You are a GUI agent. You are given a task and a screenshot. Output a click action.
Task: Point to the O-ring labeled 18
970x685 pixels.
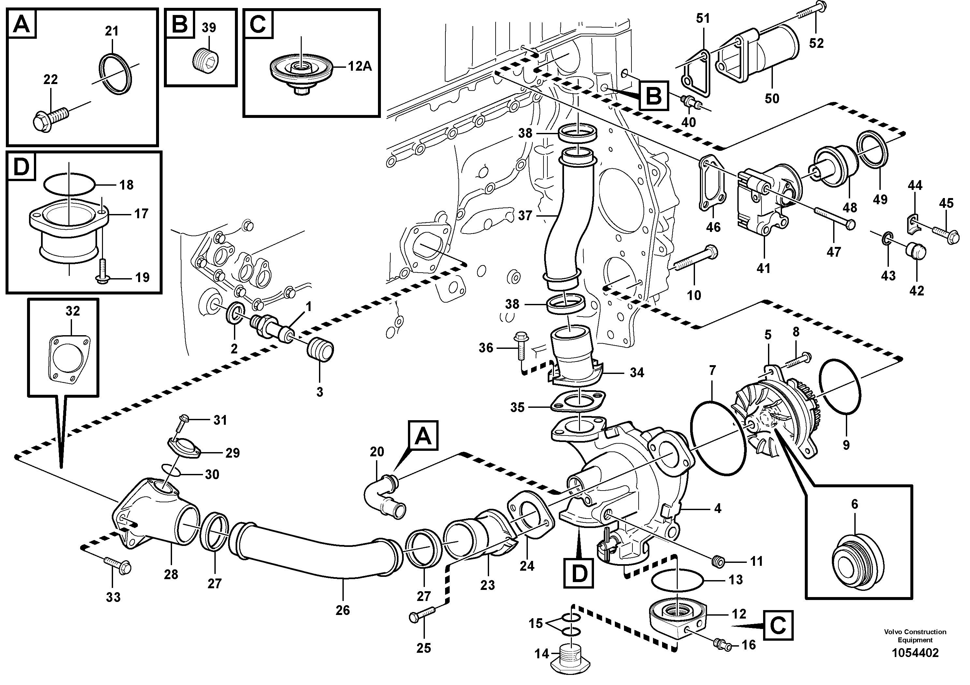point(70,185)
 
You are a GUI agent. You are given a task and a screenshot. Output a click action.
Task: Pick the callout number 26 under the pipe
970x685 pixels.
point(343,610)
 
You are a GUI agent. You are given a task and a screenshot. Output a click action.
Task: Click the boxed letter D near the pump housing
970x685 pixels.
point(578,573)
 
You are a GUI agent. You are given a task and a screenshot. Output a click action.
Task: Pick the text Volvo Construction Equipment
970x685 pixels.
point(915,635)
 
